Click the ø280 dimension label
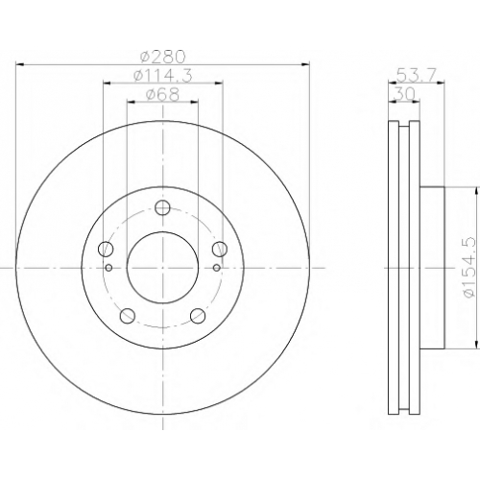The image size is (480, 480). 163,57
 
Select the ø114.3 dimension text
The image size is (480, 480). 163,76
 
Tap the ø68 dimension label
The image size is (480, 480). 162,94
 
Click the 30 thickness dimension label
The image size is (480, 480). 405,94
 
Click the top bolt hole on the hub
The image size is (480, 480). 162,207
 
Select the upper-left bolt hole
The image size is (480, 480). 106,249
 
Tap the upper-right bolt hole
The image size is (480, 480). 220,249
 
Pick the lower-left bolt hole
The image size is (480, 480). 128,316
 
